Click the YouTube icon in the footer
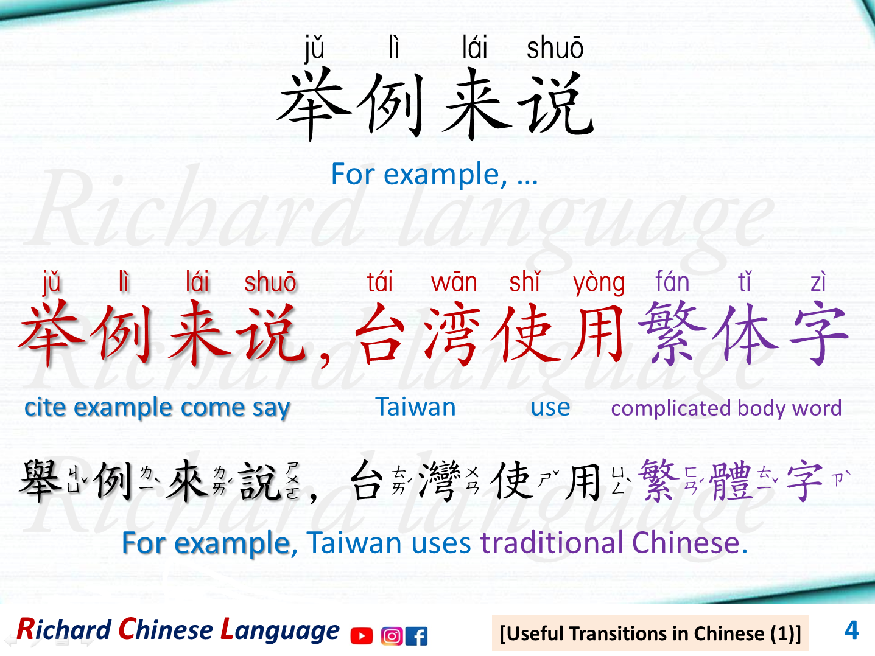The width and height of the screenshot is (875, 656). (362, 636)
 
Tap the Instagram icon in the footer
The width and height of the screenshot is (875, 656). (392, 636)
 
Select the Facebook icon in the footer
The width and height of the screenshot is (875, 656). (416, 636)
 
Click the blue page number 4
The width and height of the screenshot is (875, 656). (851, 630)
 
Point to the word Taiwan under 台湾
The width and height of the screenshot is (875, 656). (415, 407)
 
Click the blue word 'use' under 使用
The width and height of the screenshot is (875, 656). (550, 407)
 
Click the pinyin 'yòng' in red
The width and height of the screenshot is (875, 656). (599, 283)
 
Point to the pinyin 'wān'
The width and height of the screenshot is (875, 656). (454, 283)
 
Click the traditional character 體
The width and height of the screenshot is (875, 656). (731, 481)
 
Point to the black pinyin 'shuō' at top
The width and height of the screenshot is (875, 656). (555, 49)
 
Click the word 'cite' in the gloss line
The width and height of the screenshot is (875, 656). (45, 407)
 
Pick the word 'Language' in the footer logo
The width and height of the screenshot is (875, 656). (280, 630)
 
